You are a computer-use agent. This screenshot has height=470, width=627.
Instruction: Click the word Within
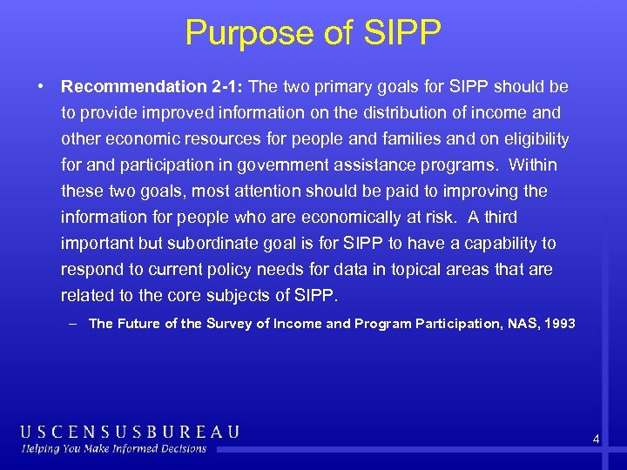[x=533, y=165]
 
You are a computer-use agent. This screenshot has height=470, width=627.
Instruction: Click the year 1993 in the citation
[x=558, y=324]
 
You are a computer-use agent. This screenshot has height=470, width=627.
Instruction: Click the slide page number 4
[x=596, y=440]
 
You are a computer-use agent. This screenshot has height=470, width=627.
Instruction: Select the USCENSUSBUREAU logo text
[x=130, y=432]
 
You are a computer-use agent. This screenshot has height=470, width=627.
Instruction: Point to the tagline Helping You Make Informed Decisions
[x=114, y=449]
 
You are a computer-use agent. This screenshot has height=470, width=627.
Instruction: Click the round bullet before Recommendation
[x=41, y=88]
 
